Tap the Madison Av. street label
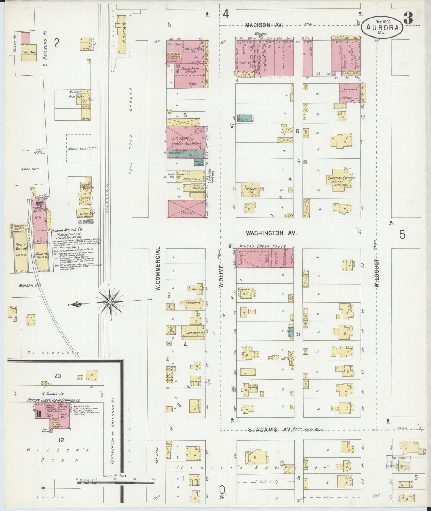(264, 25)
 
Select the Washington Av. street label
(271, 233)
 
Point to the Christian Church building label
(341, 179)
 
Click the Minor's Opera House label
(262, 247)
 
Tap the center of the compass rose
(110, 302)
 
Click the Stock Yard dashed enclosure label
(77, 149)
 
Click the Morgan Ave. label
(30, 285)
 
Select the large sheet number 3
(408, 19)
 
